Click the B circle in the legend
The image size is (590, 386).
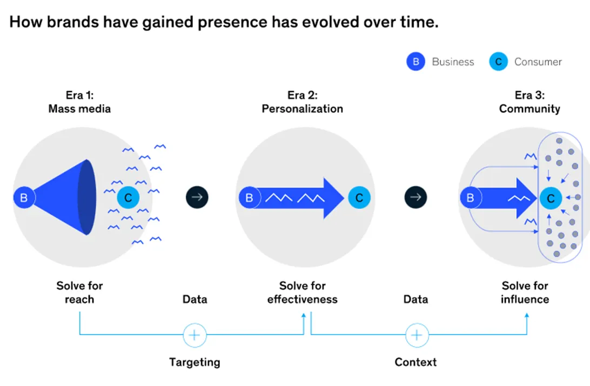[415, 62]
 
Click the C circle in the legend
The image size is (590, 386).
[498, 62]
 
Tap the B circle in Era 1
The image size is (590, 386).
[24, 198]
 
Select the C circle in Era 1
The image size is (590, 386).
[128, 198]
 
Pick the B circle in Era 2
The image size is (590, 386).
[249, 198]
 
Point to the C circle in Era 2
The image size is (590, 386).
[359, 198]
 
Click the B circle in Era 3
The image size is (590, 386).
[470, 198]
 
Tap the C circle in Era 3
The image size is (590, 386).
[551, 198]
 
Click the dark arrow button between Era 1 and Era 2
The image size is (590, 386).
[197, 197]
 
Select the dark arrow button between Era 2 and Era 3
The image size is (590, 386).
[415, 197]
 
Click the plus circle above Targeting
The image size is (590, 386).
[195, 335]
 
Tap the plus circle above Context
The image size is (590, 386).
[416, 335]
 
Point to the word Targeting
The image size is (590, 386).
[195, 362]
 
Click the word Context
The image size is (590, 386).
[415, 362]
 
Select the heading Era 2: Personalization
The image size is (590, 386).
[302, 102]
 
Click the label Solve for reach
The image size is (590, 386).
[79, 292]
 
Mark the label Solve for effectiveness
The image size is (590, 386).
[302, 292]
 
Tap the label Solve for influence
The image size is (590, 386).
[525, 292]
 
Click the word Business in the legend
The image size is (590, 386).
[453, 62]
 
